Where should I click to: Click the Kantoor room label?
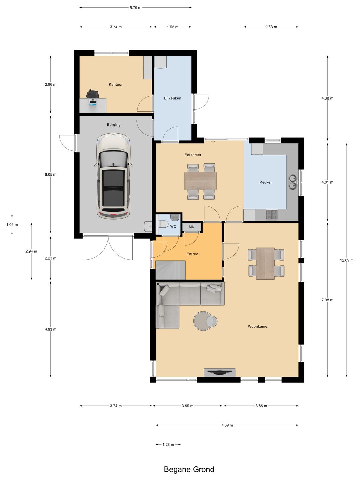pyautogui.click(x=116, y=84)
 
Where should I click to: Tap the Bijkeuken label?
pyautogui.click(x=172, y=98)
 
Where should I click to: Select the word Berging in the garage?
pyautogui.click(x=114, y=125)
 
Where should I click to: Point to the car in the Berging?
pyautogui.click(x=113, y=176)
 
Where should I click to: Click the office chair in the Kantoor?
pyautogui.click(x=93, y=94)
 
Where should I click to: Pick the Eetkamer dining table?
pyautogui.click(x=200, y=181)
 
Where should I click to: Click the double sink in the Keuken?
pyautogui.click(x=293, y=182)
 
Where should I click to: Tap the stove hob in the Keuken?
pyautogui.click(x=272, y=214)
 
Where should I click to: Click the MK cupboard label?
pyautogui.click(x=191, y=227)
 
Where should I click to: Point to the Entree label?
pyautogui.click(x=192, y=254)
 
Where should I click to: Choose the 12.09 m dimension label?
pyautogui.click(x=347, y=260)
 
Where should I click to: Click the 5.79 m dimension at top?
pyautogui.click(x=136, y=8)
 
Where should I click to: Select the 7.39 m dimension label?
pyautogui.click(x=227, y=425)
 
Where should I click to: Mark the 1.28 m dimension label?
pyautogui.click(x=168, y=444)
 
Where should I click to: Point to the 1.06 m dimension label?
pyautogui.click(x=12, y=225)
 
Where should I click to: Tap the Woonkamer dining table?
pyautogui.click(x=266, y=264)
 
